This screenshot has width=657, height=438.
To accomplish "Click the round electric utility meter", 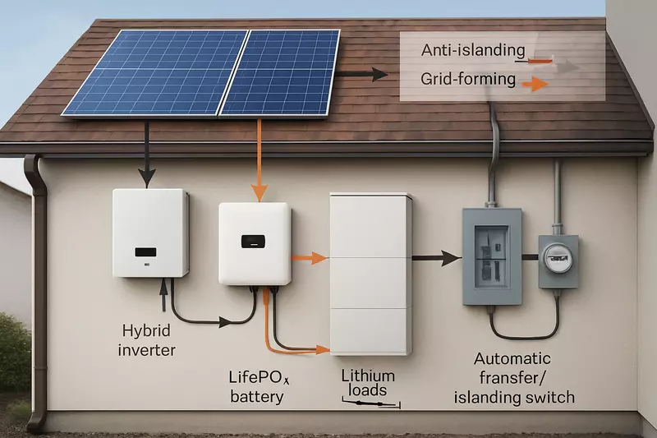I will [x=558, y=261].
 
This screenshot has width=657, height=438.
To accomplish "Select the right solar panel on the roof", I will [x=281, y=72].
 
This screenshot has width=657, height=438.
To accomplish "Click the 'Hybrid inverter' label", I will [x=149, y=340].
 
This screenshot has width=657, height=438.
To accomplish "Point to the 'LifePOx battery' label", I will [x=256, y=387].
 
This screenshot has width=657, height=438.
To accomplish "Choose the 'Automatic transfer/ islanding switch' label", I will [x=524, y=378].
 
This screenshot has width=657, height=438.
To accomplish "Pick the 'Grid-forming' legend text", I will [x=468, y=81].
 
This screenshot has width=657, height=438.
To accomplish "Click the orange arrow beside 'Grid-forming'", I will [x=535, y=82].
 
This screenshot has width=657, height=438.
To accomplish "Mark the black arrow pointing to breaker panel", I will [x=435, y=258].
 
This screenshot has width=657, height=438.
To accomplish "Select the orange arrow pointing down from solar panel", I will [x=260, y=160].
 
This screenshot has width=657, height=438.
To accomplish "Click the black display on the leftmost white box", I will [x=146, y=250].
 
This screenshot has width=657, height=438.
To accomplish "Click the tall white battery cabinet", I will [x=370, y=274].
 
